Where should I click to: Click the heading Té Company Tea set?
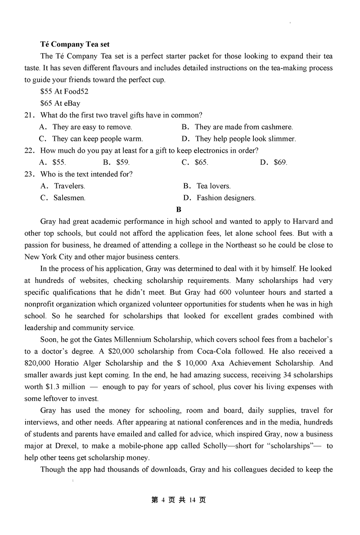pyautogui.click(x=75, y=44)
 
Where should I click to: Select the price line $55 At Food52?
pyautogui.click(x=64, y=91)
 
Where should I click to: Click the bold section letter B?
pyautogui.click(x=179, y=209)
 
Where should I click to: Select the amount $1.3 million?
pyautogui.click(x=65, y=386)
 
